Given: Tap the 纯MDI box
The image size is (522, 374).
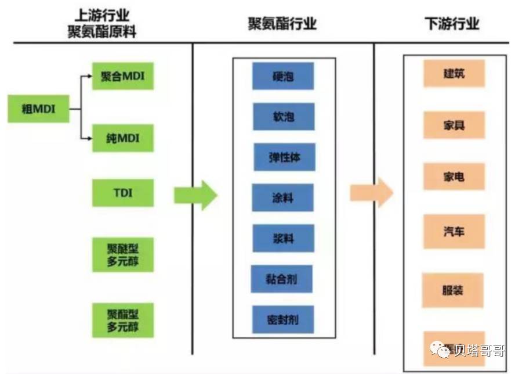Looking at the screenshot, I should coord(123,138).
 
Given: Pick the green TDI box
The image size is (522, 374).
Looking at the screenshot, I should coord(123,193).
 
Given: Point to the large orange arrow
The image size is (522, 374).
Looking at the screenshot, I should coord(371,192).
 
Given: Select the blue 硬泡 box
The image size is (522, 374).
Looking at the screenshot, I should coord(283,76).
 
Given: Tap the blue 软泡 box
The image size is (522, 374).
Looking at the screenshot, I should coord(284,117).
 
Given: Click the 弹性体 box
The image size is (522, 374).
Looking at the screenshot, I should coord(285,157).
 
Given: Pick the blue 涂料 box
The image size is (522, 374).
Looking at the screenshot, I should coord(283,198).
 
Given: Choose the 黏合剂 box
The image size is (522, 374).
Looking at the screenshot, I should coord(282,279).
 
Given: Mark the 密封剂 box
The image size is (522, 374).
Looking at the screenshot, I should coord(283,320).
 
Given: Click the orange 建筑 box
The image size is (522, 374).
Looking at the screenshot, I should coord(454,74).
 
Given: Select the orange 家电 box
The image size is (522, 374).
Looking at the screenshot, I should coord(454,177).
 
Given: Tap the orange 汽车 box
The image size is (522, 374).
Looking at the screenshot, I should coord(454,232).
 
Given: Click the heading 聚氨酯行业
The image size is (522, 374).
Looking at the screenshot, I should coord(282,24).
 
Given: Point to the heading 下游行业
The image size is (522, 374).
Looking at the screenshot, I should coord(452,24).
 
